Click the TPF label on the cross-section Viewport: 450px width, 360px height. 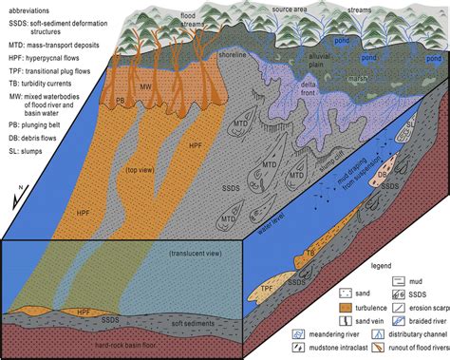pos(269,286)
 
